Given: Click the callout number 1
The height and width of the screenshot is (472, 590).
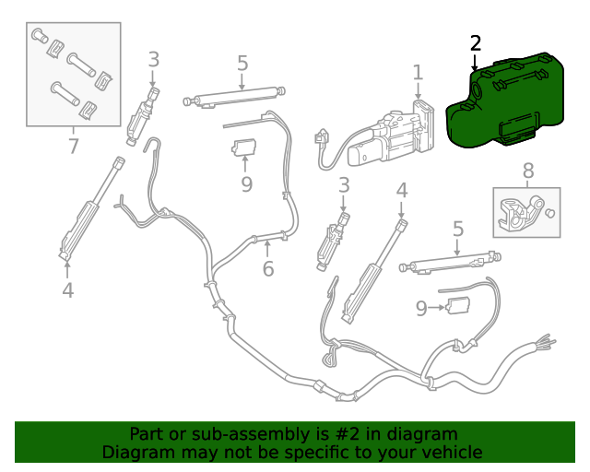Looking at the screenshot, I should pyautogui.click(x=418, y=72).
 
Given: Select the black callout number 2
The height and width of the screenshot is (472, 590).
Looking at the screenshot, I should pyautogui.click(x=475, y=43).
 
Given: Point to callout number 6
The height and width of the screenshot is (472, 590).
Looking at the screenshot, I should pyautogui.click(x=268, y=269).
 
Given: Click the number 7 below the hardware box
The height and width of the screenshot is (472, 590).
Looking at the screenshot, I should pyautogui.click(x=73, y=146).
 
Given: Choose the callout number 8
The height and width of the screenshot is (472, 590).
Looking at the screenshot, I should pyautogui.click(x=528, y=171).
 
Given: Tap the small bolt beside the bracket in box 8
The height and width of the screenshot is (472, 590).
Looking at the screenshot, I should pyautogui.click(x=550, y=213).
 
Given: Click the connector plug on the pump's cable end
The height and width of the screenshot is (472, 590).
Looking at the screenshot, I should pyautogui.click(x=321, y=138).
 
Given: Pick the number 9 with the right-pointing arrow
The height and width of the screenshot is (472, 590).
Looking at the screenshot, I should pyautogui.click(x=421, y=309).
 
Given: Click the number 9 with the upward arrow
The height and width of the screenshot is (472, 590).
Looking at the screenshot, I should pyautogui.click(x=246, y=184).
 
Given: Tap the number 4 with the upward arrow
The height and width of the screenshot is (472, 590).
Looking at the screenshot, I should pyautogui.click(x=67, y=291).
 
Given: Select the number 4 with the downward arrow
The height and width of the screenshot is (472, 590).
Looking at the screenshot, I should pyautogui.click(x=401, y=191).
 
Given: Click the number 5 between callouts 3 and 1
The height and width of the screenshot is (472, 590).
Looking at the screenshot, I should pyautogui.click(x=242, y=64).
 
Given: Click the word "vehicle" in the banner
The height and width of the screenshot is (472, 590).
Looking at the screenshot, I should pyautogui.click(x=449, y=453).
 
